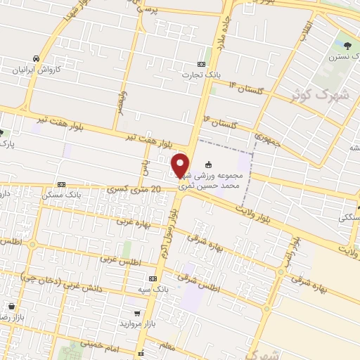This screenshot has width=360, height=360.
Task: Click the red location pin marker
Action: coord(181,165)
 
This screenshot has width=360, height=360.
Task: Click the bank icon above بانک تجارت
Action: coord(201,64)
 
